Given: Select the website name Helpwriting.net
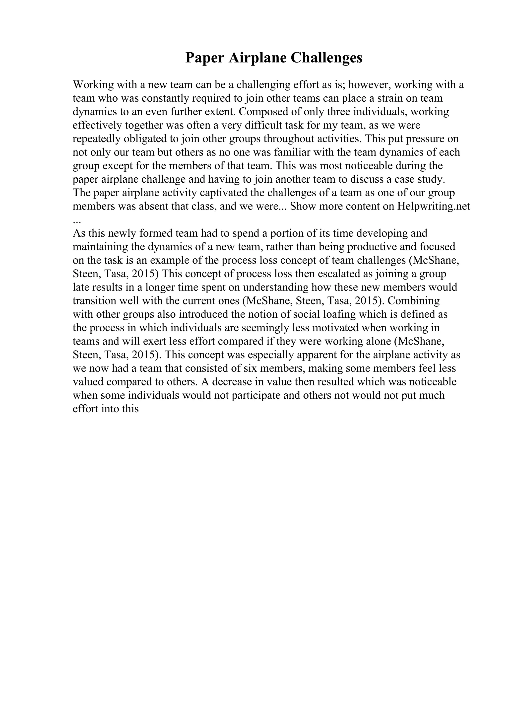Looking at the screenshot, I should coord(434,206).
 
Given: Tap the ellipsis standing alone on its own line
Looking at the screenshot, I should coord(77,221).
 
